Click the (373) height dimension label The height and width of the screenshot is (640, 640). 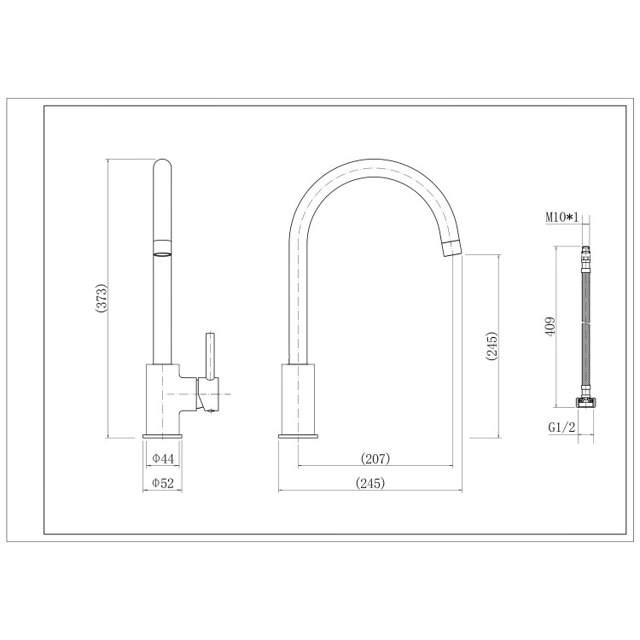point(101,299)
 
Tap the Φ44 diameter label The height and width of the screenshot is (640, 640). point(163,459)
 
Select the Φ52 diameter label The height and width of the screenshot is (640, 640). point(163,483)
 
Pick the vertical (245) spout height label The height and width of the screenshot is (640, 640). point(491,346)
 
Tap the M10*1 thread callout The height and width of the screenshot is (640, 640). point(562,218)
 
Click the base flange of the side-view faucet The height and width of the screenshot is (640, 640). point(161,437)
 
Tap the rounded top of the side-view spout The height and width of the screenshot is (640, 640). point(161,164)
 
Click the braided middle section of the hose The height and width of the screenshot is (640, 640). point(585,329)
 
